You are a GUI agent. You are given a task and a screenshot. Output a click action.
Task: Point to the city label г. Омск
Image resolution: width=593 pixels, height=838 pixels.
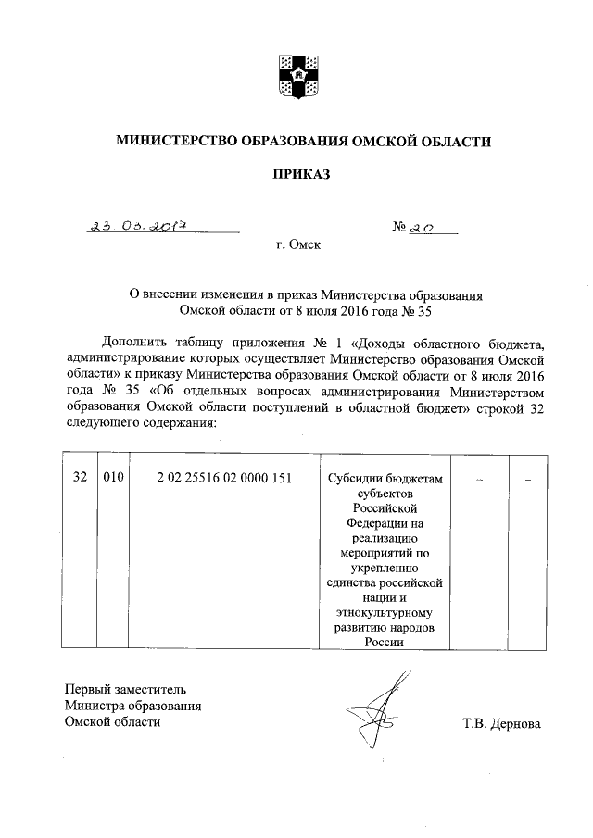297,247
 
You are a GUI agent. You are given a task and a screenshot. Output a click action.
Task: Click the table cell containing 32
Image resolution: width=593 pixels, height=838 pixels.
80,478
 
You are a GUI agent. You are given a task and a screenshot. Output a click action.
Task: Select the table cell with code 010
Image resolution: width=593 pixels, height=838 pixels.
113,478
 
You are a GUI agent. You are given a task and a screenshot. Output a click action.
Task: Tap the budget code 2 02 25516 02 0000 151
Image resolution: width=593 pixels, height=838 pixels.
224,478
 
